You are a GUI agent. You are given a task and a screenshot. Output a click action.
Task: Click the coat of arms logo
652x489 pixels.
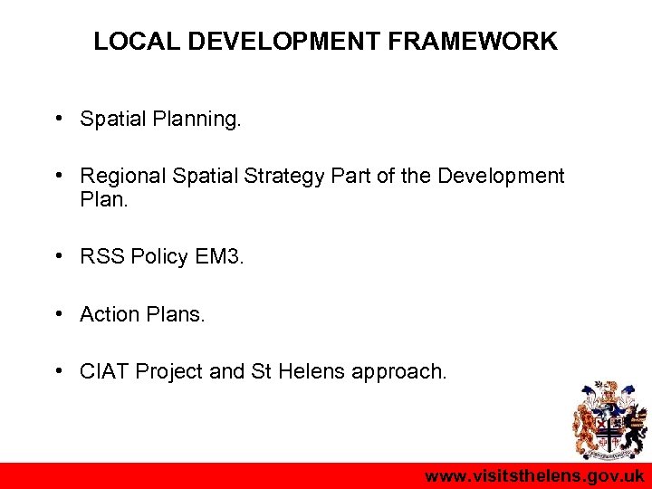[609, 420]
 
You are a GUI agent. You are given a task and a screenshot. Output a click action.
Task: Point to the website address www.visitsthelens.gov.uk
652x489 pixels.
[534, 476]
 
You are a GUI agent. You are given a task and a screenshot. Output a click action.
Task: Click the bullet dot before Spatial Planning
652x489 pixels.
[57, 119]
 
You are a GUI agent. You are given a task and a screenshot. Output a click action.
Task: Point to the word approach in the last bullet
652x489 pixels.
[399, 371]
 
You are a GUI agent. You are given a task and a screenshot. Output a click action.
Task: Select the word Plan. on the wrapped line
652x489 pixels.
[104, 198]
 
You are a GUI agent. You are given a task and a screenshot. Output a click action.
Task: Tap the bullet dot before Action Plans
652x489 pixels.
[57, 314]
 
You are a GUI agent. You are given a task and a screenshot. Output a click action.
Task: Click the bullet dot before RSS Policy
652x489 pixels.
[57, 257]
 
